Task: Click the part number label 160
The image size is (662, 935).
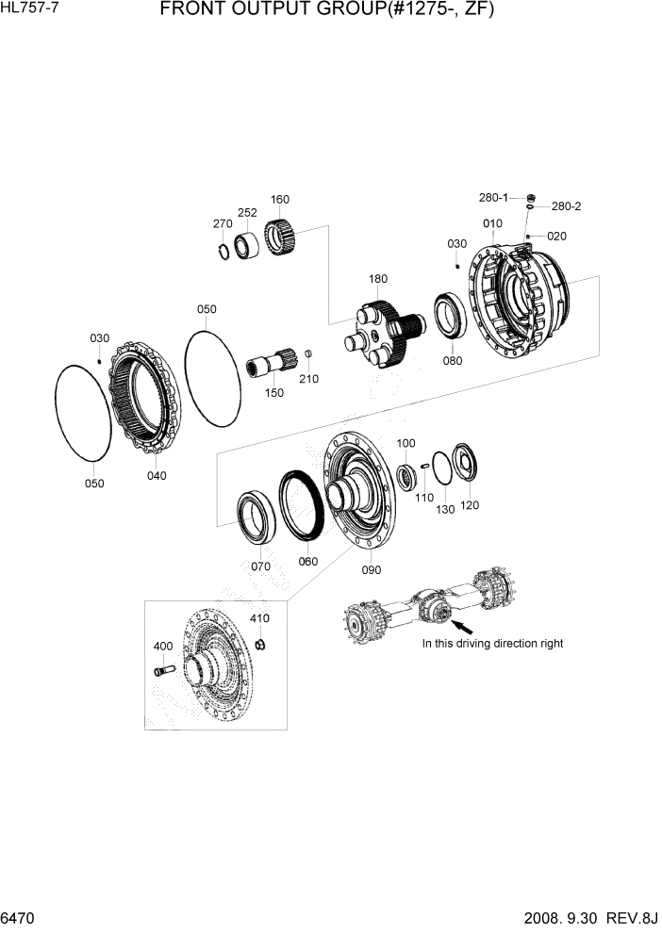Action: pos(280,199)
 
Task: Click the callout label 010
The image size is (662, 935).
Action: pos(492,223)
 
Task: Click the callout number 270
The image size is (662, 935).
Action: pos(223,223)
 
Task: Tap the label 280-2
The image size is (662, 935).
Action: pos(566,206)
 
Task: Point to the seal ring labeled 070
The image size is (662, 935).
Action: pos(254,517)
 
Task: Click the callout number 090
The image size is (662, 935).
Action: pos(371,569)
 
